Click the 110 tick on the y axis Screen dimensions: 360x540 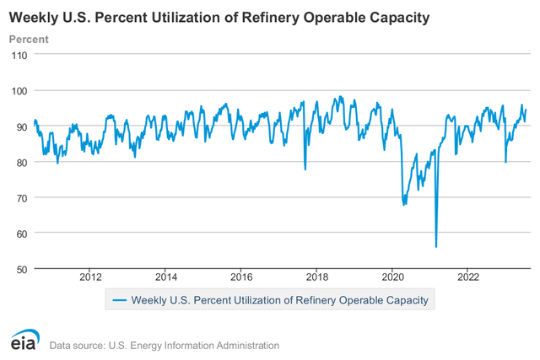(19, 55)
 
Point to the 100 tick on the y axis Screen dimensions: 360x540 (19, 91)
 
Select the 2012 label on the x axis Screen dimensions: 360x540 (90, 276)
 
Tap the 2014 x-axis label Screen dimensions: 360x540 (166, 276)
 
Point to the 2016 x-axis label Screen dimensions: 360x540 (241, 276)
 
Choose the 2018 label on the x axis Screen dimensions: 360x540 (317, 276)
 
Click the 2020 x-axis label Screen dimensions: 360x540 (393, 276)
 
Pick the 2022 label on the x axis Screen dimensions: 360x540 (468, 276)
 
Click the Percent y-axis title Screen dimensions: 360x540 (29, 39)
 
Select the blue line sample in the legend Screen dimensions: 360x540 (119, 299)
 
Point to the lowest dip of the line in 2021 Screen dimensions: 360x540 (436, 246)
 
